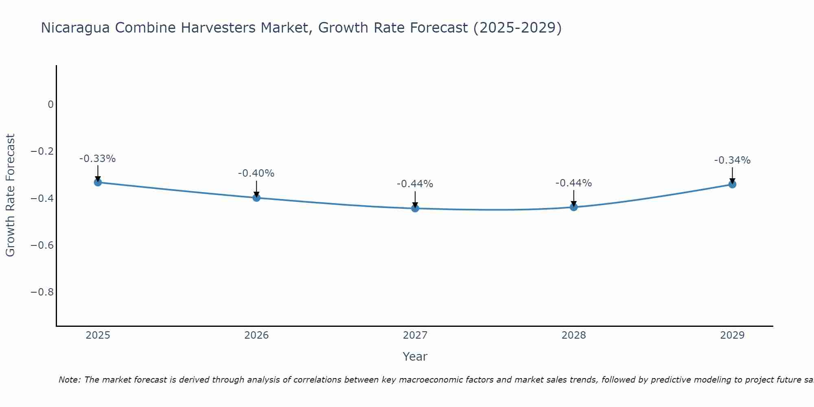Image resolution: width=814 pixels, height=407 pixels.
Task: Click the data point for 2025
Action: (x=98, y=182)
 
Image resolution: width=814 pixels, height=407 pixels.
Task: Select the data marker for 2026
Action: (x=256, y=198)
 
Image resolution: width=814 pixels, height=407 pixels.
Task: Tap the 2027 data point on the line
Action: (x=415, y=208)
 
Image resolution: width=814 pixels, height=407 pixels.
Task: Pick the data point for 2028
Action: (x=574, y=207)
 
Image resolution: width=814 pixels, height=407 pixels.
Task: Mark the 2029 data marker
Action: (x=732, y=184)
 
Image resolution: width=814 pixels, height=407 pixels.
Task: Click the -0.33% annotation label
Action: (x=98, y=159)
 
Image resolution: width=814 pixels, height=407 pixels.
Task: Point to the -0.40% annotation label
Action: (x=256, y=173)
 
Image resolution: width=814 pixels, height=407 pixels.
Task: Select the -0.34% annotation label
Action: (x=732, y=160)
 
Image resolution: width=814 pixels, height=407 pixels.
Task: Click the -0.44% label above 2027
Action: (x=415, y=184)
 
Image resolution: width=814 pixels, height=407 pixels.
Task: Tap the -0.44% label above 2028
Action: (x=574, y=183)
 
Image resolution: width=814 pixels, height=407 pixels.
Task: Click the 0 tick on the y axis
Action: (x=50, y=105)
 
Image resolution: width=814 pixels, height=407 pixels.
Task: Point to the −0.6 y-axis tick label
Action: (x=42, y=245)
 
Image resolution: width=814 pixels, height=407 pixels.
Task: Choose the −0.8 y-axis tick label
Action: (x=42, y=292)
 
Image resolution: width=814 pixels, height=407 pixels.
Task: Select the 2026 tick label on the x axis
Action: (x=256, y=335)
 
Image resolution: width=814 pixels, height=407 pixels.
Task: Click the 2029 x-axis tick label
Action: (x=732, y=335)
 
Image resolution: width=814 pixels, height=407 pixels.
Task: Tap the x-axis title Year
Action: (x=415, y=357)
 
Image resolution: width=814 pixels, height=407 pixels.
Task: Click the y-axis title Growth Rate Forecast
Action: (x=11, y=195)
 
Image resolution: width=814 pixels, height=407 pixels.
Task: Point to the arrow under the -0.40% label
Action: (x=256, y=189)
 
